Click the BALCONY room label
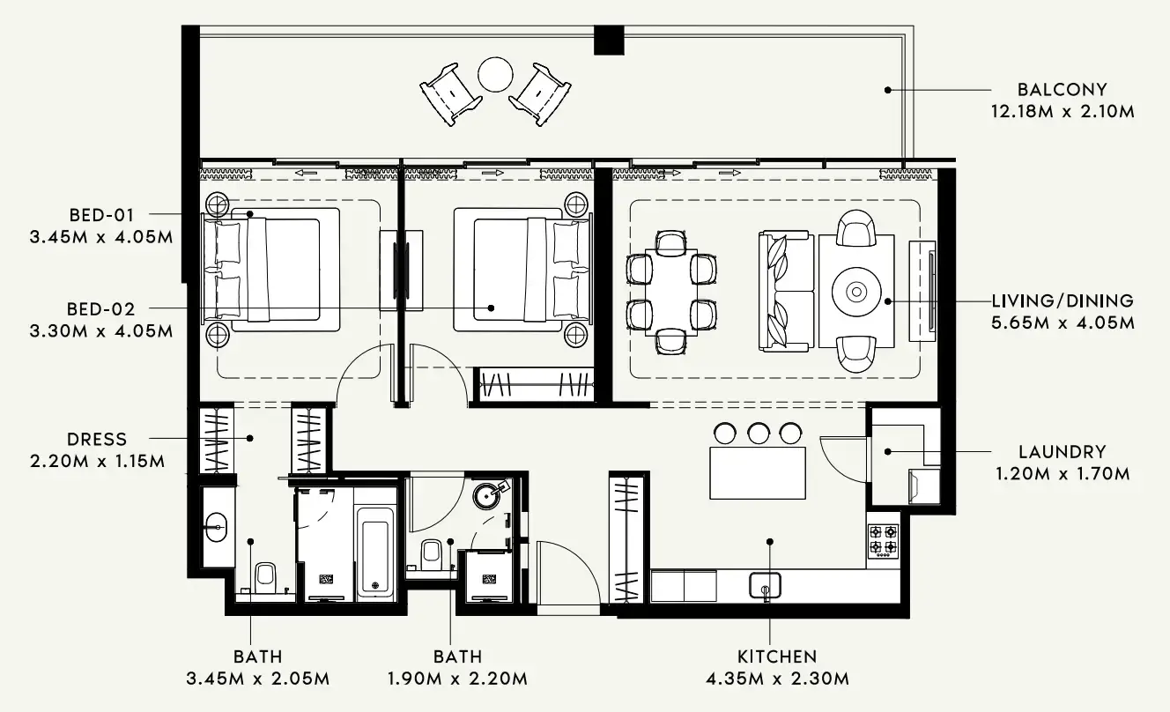pyautogui.click(x=1062, y=89)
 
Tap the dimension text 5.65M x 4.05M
pyautogui.click(x=1062, y=323)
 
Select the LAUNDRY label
pyautogui.click(x=1062, y=451)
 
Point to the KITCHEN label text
pyautogui.click(x=777, y=656)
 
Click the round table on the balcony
pyautogui.click(x=495, y=75)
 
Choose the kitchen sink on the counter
pyautogui.click(x=765, y=585)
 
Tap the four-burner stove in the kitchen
pyautogui.click(x=883, y=540)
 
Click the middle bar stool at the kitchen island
pyautogui.click(x=758, y=433)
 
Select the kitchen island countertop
pyautogui.click(x=758, y=472)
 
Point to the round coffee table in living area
pyautogui.click(x=855, y=291)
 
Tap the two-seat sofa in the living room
pyautogui.click(x=785, y=291)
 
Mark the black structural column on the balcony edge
pyautogui.click(x=609, y=39)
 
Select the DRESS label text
pyautogui.click(x=97, y=439)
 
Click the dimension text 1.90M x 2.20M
pyautogui.click(x=457, y=679)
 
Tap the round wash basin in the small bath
pyautogui.click(x=488, y=494)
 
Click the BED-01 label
pyautogui.click(x=102, y=214)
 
